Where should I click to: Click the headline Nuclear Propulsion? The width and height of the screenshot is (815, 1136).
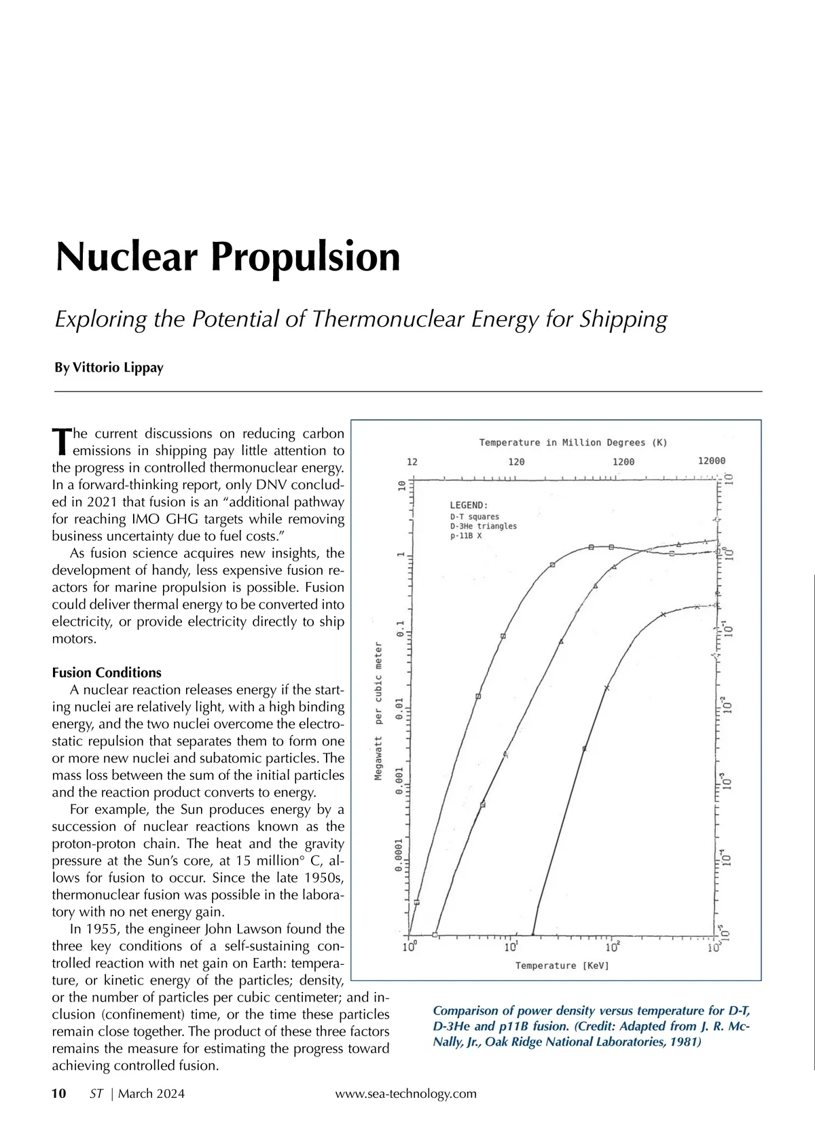[x=228, y=257]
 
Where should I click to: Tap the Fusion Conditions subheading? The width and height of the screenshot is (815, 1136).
[x=107, y=673]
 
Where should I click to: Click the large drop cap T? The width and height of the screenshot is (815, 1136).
[x=61, y=442]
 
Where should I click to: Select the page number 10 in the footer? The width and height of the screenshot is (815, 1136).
[x=59, y=1093]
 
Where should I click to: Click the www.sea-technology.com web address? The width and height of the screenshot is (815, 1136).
[x=405, y=1093]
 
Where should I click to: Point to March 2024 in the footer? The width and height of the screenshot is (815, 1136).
[x=151, y=1093]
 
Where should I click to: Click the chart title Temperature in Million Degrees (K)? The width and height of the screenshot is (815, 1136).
[x=573, y=442]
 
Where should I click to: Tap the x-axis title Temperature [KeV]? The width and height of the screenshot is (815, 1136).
[x=562, y=965]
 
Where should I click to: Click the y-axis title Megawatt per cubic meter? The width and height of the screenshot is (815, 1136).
[x=378, y=710]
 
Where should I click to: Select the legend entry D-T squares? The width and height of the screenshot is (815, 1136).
[x=474, y=516]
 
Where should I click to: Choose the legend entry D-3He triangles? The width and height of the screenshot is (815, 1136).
[x=483, y=526]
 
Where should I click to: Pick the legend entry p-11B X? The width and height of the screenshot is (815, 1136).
[x=465, y=535]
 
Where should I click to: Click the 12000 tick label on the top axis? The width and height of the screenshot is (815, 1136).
[x=711, y=461]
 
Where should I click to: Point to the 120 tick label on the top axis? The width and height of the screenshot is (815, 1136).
[x=516, y=461]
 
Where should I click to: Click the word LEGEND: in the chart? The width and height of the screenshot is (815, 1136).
[x=469, y=505]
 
